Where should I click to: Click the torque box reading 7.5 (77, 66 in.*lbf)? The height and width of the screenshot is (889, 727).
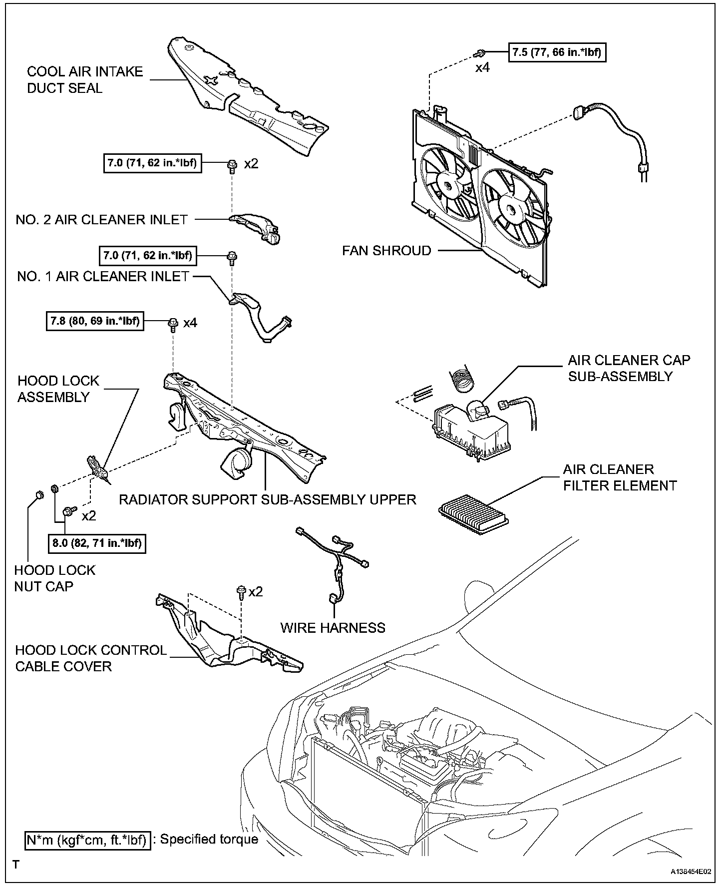(x=557, y=52)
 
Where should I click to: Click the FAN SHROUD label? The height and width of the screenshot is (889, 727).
(x=386, y=250)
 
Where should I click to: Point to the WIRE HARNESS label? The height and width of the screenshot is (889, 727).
(x=333, y=628)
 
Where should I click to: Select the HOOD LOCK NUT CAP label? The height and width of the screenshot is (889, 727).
(x=54, y=578)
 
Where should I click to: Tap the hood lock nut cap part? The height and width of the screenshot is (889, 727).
(x=38, y=495)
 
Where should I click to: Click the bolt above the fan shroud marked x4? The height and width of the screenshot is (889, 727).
(x=480, y=52)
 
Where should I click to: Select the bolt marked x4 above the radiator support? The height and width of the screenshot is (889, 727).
(x=173, y=324)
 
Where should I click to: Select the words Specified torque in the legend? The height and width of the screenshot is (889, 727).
(x=209, y=840)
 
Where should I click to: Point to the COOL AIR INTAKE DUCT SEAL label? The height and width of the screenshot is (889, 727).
(x=85, y=80)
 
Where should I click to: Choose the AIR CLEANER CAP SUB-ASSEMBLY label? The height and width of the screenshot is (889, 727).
(x=629, y=368)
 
